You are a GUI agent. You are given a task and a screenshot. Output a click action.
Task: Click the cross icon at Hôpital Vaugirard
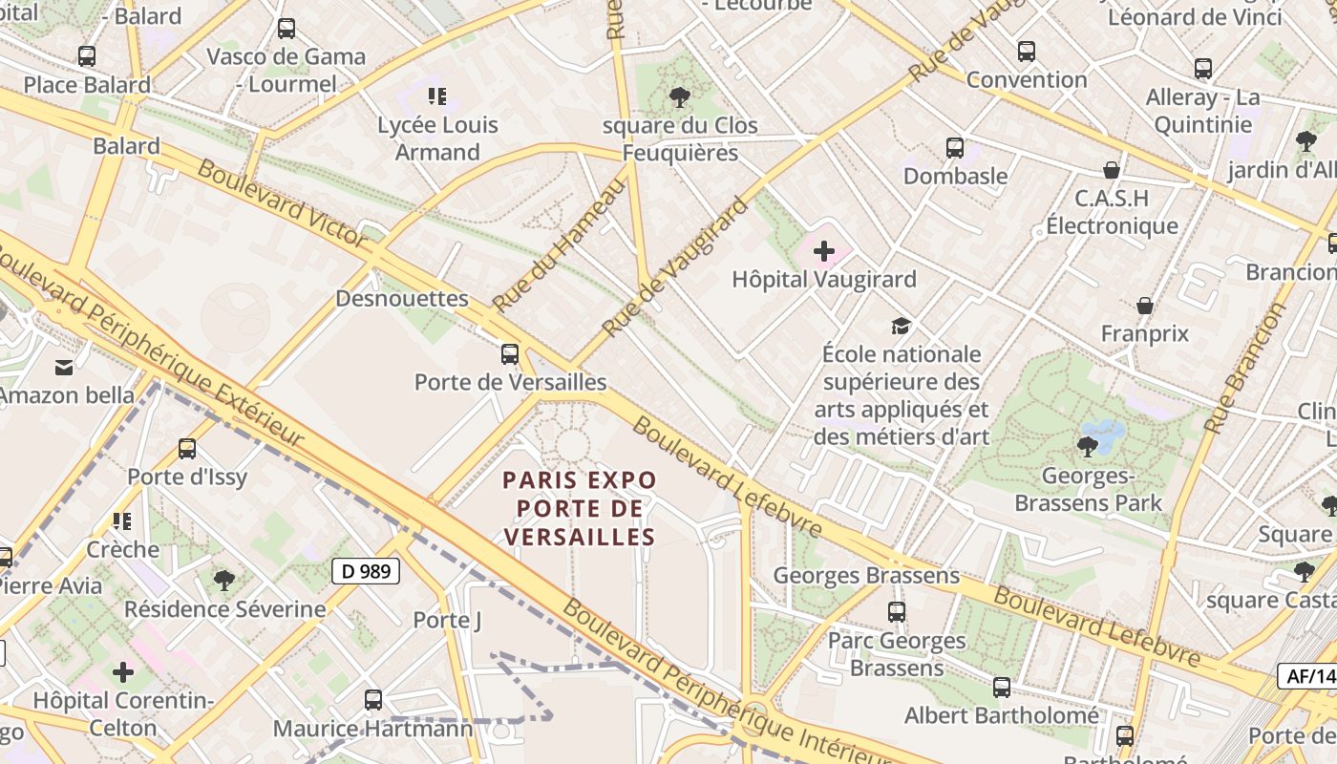823,252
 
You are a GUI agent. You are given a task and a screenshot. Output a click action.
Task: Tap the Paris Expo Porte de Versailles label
580,508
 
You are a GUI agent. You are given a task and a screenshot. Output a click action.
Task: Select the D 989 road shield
365,572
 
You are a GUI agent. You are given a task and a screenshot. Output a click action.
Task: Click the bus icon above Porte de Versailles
510,354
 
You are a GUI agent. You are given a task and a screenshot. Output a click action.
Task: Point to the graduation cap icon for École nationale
901,327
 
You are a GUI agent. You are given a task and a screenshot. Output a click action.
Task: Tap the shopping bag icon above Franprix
1144,306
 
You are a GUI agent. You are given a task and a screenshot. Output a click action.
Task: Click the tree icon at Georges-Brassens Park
1087,446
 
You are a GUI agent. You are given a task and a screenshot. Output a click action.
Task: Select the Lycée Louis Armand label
437,138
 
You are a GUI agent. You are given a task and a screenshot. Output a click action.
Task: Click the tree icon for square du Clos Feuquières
680,96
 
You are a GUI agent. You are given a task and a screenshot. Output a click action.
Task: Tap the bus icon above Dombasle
955,148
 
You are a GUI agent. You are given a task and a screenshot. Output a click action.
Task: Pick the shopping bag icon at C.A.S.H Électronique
1111,171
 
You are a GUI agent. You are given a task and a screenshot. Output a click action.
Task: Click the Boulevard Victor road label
282,203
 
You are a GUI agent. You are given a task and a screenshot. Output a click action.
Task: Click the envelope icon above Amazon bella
64,367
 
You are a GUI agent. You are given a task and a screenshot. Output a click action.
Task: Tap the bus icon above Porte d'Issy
187,449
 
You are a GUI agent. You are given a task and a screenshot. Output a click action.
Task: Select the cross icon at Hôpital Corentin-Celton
123,672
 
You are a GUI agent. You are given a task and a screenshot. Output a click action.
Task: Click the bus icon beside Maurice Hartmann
373,700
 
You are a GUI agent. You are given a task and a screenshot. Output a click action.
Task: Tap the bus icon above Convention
1027,52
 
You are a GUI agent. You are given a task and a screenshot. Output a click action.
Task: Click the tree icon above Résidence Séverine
224,580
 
